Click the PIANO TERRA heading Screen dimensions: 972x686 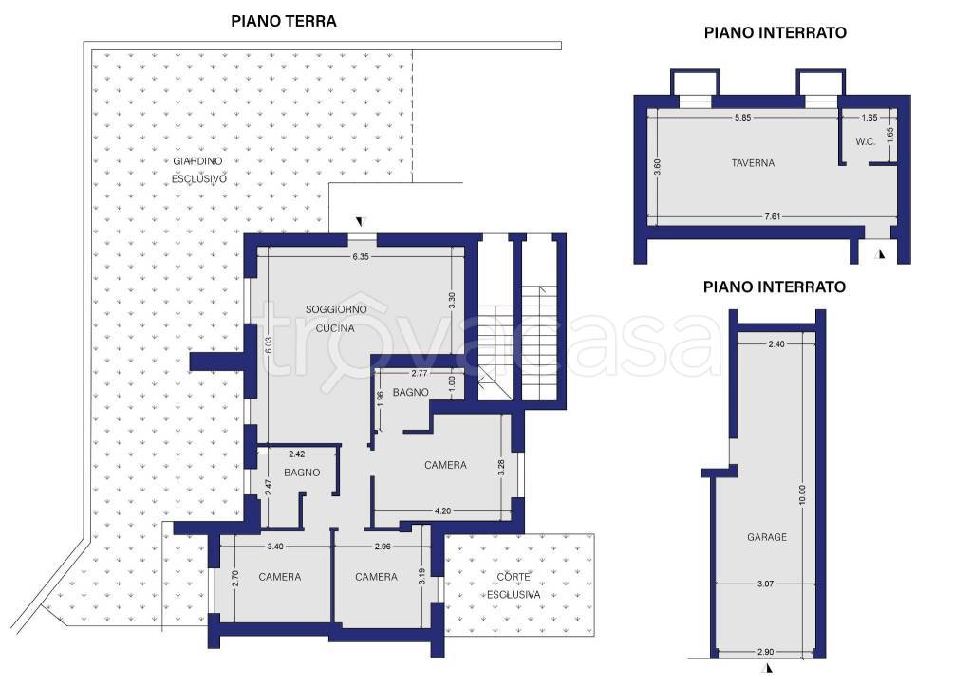click(x=284, y=21)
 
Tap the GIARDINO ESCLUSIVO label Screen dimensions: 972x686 click(x=198, y=170)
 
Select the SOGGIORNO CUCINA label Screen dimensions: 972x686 click(x=336, y=319)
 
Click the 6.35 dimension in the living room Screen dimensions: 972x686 click(x=360, y=256)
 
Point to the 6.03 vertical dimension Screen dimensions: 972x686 click(x=268, y=345)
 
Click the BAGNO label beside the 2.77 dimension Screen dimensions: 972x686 click(x=410, y=392)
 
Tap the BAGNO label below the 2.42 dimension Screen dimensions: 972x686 click(x=302, y=473)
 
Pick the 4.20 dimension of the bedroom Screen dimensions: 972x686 click(x=442, y=511)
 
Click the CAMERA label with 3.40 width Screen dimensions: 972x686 click(x=280, y=577)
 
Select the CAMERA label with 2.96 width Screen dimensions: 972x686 click(x=376, y=577)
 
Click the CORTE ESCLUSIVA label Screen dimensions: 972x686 click(x=514, y=585)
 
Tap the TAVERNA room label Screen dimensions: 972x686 click(x=753, y=163)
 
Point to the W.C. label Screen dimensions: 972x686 click(x=866, y=141)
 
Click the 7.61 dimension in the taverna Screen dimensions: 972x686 click(x=773, y=216)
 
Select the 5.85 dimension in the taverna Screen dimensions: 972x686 click(x=742, y=117)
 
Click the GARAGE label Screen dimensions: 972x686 click(x=767, y=537)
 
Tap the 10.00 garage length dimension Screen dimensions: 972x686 click(x=803, y=494)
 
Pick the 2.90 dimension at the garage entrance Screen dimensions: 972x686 click(x=766, y=652)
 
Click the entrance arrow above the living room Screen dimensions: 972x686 click(x=360, y=222)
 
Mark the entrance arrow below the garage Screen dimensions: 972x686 click(x=769, y=667)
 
